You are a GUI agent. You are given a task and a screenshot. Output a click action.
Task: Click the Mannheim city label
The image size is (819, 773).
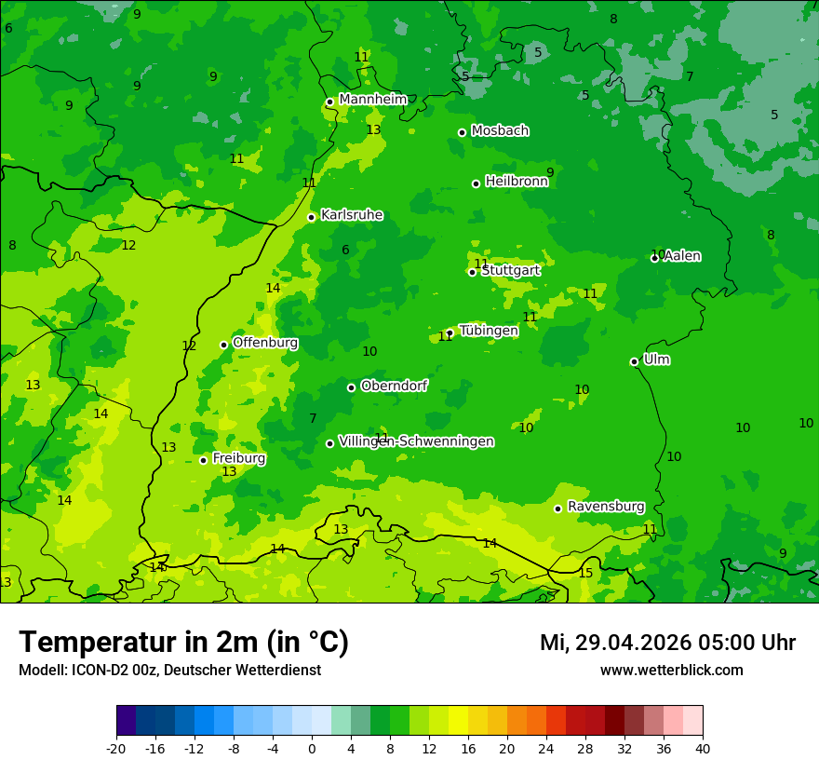(x=372, y=99)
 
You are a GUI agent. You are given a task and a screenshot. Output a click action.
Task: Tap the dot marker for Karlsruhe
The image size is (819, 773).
(x=311, y=217)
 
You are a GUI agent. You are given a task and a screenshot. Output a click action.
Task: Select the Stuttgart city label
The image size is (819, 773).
(x=510, y=270)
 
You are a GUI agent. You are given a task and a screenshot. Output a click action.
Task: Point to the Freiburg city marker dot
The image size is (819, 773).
(x=203, y=460)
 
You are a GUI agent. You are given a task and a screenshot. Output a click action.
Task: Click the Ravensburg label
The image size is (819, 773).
(x=605, y=507)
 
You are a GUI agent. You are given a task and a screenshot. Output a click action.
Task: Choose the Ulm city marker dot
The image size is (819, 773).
(x=634, y=361)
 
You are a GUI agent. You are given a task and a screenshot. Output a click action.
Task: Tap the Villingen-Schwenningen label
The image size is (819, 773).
(x=416, y=441)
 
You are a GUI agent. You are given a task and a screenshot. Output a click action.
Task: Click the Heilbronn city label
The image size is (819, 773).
(x=517, y=182)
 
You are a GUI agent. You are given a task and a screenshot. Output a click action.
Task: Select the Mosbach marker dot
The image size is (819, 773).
(x=462, y=132)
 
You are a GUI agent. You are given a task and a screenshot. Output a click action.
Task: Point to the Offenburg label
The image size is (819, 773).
(x=265, y=343)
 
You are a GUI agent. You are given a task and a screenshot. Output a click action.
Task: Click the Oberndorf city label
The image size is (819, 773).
(x=394, y=386)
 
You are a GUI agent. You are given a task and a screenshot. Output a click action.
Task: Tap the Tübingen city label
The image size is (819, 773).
(x=488, y=331)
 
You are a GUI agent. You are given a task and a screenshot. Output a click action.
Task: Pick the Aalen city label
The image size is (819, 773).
(x=681, y=256)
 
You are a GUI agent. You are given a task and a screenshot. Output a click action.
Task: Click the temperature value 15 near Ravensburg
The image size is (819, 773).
(x=585, y=573)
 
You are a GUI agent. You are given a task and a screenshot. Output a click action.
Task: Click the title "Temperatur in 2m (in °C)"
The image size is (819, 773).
(x=183, y=643)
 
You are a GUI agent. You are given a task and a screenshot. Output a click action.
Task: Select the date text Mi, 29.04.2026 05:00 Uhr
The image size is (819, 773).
(x=667, y=643)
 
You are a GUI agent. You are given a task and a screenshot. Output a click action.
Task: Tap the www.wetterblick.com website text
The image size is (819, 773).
(x=671, y=671)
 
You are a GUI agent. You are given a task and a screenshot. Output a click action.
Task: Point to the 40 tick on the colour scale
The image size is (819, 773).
(x=702, y=747)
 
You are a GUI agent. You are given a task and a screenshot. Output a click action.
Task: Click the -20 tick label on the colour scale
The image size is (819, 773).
(x=116, y=747)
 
